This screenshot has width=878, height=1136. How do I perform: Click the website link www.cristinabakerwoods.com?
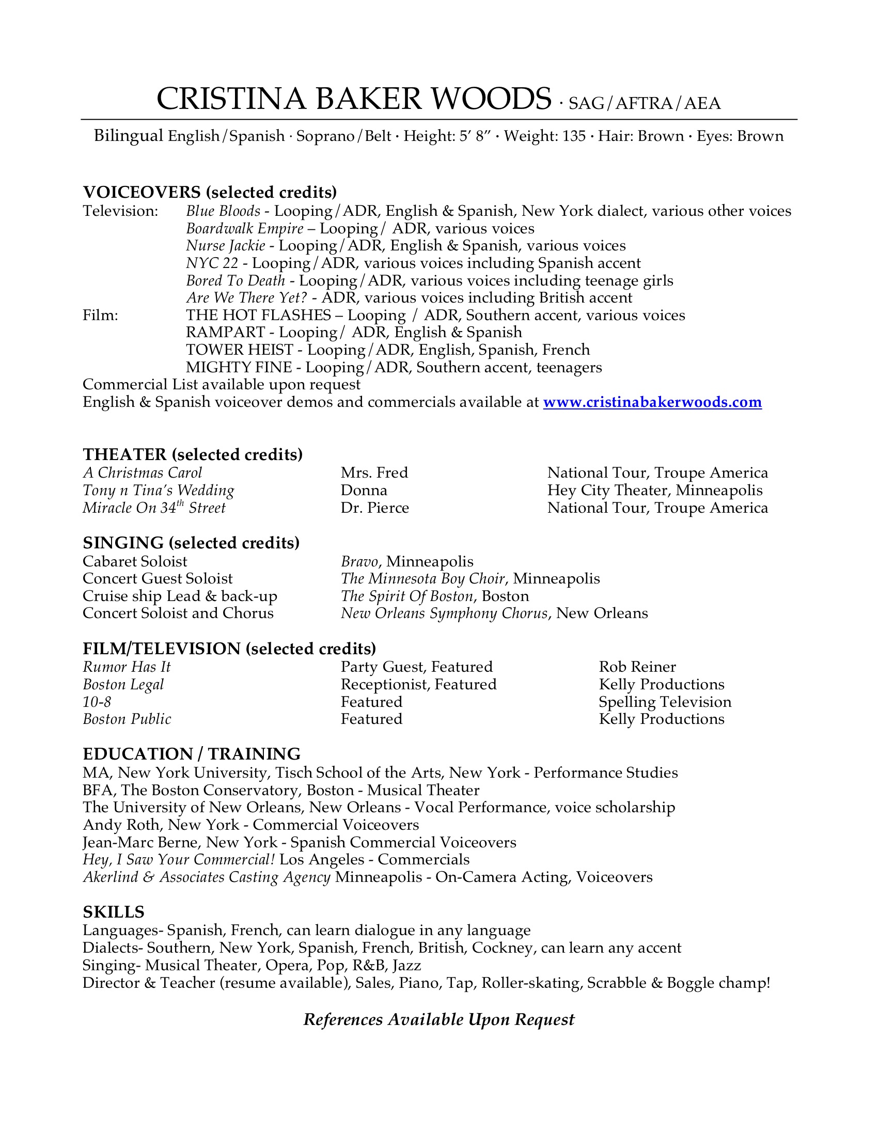[652, 402]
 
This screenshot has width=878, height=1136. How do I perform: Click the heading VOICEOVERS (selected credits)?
[210, 192]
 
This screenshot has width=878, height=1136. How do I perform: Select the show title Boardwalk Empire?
[244, 228]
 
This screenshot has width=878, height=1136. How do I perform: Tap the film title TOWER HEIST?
[239, 350]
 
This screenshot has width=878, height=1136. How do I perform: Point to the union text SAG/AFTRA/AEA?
[645, 103]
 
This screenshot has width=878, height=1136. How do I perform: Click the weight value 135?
[574, 136]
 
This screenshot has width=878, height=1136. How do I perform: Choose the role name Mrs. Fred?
[374, 472]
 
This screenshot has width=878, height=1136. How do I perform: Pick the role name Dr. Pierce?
[374, 508]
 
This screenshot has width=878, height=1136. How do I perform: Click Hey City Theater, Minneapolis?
[654, 490]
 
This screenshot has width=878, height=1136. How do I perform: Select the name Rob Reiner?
[637, 667]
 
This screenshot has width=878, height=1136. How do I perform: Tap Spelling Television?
[665, 702]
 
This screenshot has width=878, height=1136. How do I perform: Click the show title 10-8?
[97, 702]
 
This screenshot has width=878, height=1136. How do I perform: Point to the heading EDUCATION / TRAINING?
[192, 754]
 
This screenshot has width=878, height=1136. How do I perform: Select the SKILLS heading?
[114, 912]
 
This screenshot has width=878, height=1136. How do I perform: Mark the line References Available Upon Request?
[439, 1019]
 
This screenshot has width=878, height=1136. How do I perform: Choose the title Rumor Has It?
[127, 667]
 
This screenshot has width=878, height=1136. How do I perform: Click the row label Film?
[100, 315]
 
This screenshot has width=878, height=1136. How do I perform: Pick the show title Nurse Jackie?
[225, 245]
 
